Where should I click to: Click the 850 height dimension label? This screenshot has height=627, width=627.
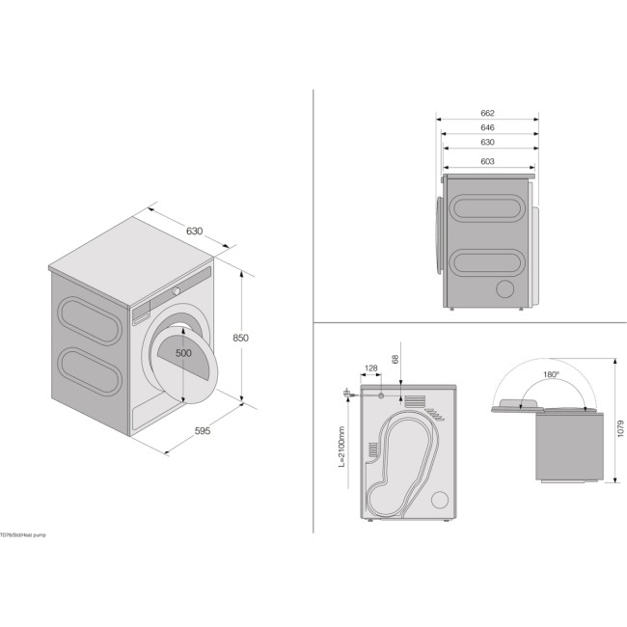click(x=240, y=338)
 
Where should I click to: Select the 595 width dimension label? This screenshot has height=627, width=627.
click(x=202, y=430)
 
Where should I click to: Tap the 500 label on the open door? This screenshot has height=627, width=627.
click(x=183, y=353)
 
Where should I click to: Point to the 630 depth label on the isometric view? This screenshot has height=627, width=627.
click(x=194, y=232)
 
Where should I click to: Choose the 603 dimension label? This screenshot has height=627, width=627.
click(x=487, y=161)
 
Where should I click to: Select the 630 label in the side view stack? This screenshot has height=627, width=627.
click(x=487, y=142)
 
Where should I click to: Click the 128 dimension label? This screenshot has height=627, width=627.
click(x=371, y=368)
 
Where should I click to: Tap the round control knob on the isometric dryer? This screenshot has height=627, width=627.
click(x=177, y=289)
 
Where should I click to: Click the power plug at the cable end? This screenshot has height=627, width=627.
click(x=344, y=393)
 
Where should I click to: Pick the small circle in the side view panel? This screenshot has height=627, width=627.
click(x=504, y=289)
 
